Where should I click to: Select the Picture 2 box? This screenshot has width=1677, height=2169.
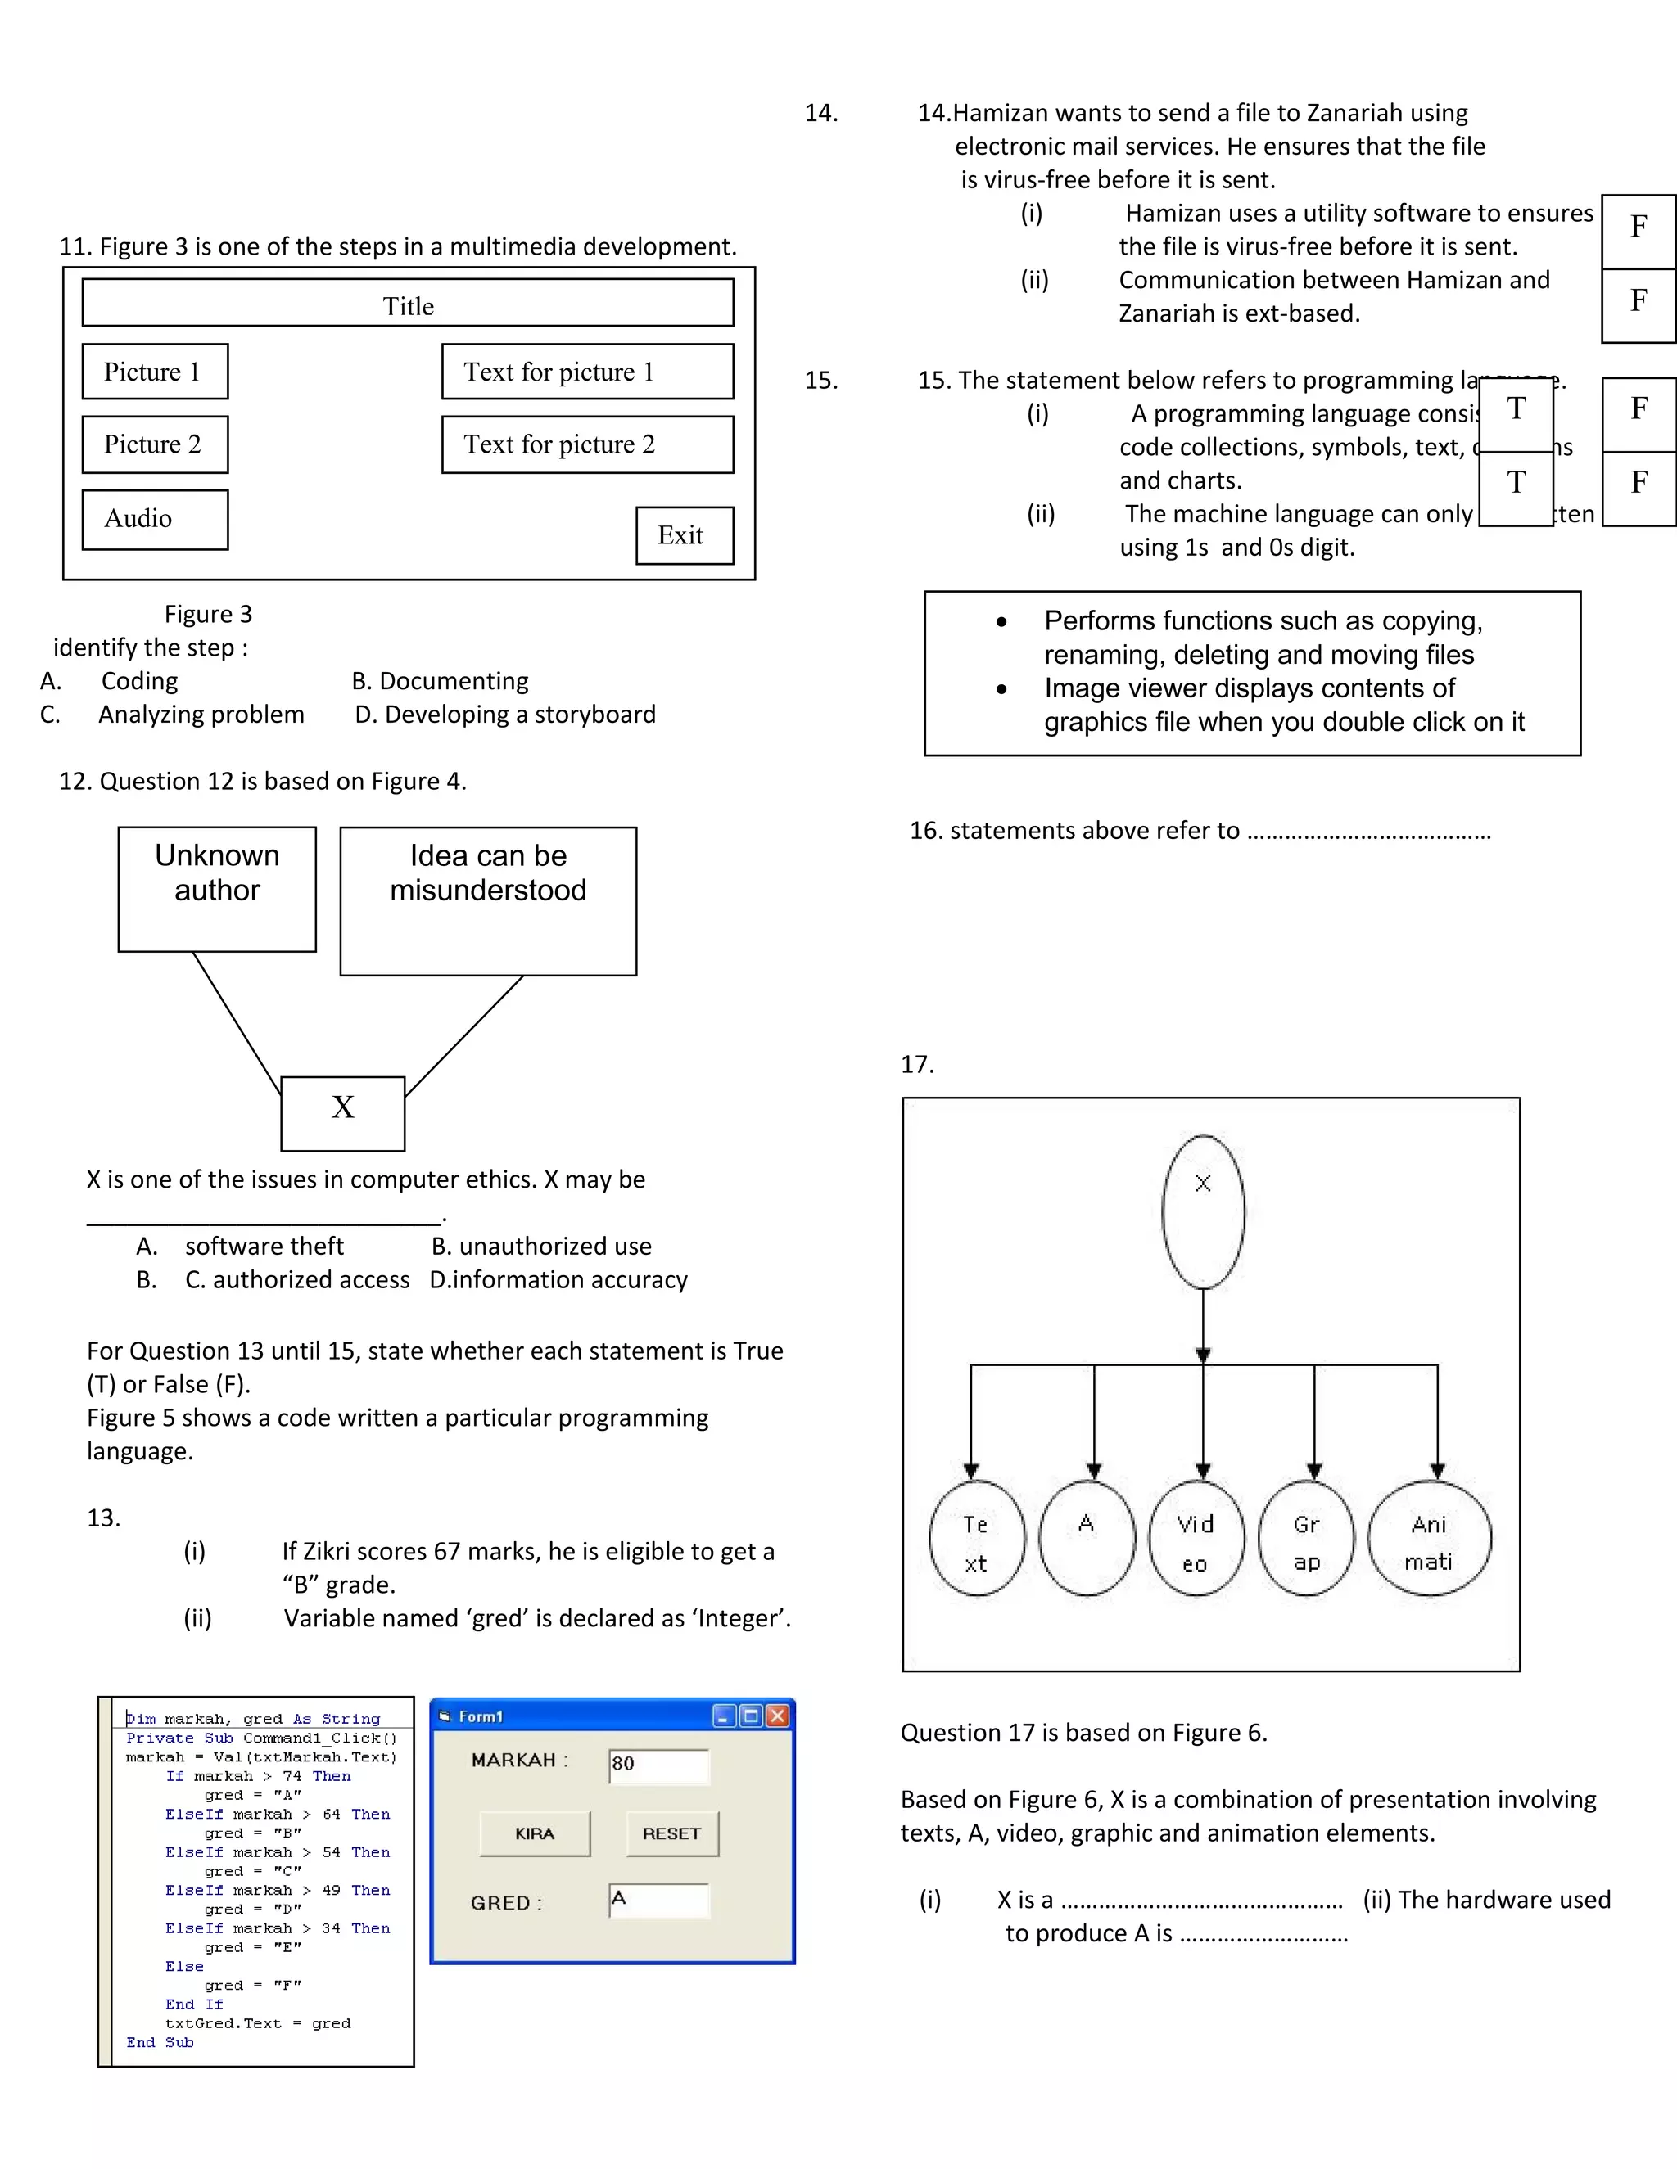point(155,444)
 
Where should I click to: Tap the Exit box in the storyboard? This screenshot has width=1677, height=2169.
point(684,535)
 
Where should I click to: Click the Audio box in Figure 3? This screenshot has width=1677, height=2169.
point(155,518)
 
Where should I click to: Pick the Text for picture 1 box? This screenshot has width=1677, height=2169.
point(587,372)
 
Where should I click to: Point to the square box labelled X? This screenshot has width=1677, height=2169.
point(343,1112)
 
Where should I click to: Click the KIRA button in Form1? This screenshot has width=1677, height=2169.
point(535,1833)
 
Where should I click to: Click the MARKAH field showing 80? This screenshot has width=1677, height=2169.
point(658,1765)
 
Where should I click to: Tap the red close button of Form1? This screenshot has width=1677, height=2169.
point(778,1716)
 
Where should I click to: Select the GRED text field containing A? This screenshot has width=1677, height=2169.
point(658,1900)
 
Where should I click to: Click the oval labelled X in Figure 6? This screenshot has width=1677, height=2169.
point(1202,1211)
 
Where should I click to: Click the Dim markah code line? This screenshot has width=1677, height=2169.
point(253,1719)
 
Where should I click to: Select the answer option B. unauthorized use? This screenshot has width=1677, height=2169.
point(540,1246)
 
